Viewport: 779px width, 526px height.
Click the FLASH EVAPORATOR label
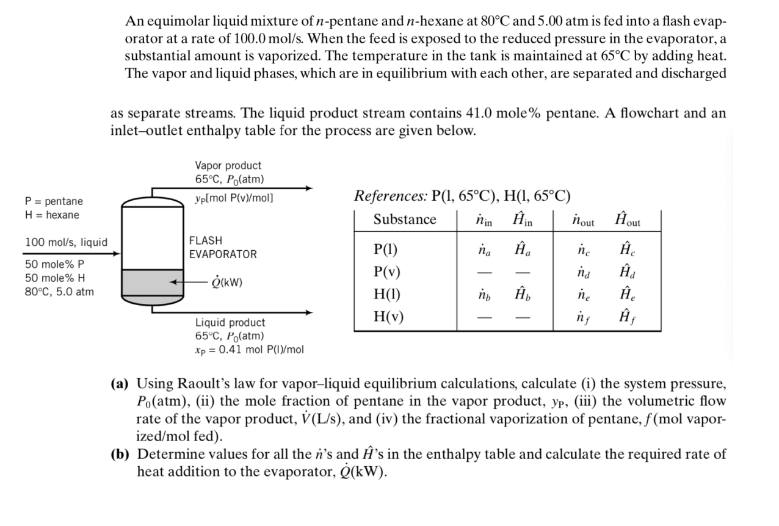click(223, 248)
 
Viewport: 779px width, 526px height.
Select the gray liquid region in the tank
click(153, 283)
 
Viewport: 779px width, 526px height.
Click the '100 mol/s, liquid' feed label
click(66, 243)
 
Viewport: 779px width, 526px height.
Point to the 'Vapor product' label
click(228, 166)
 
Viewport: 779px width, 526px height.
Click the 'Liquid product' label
click(230, 323)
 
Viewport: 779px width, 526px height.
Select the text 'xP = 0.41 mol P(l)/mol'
click(249, 350)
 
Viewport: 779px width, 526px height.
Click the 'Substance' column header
click(405, 220)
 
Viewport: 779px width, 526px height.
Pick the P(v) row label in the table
click(387, 272)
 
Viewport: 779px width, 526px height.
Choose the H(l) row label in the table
click(387, 294)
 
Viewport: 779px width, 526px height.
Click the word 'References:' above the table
click(389, 196)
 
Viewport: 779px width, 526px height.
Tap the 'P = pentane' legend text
click(54, 201)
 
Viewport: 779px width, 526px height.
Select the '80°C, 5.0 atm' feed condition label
click(59, 292)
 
